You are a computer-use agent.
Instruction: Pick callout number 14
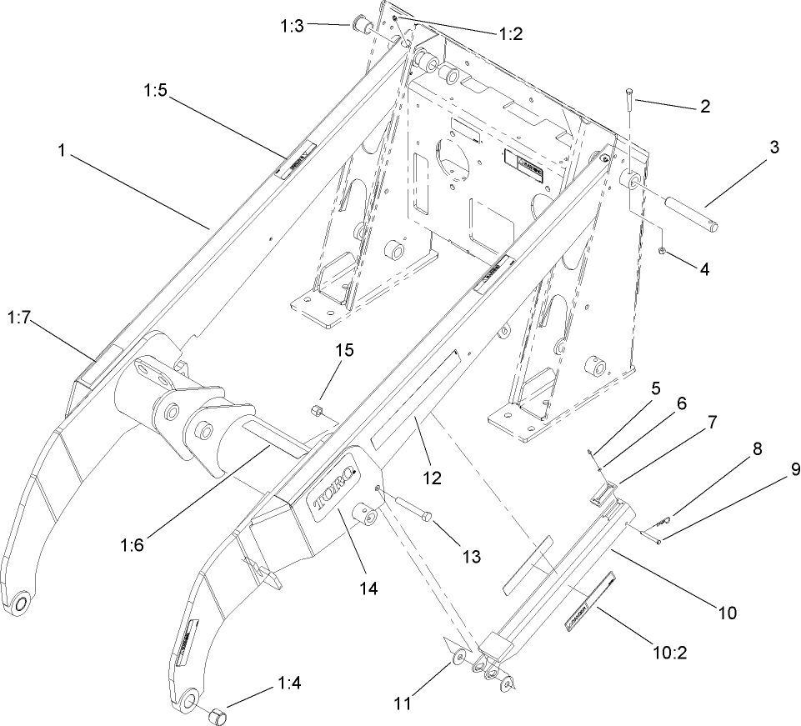point(368,588)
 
